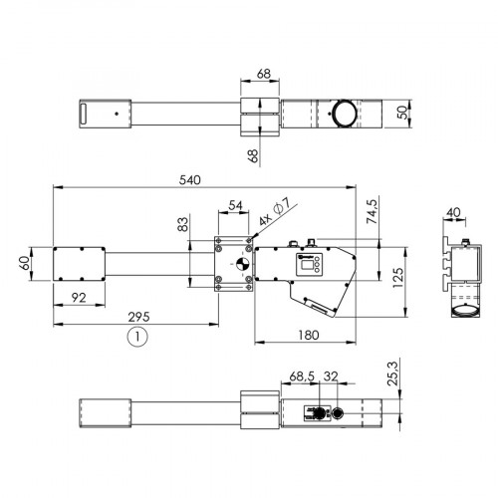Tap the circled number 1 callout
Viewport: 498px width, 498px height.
click(x=137, y=337)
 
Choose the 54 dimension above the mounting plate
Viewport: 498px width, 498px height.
click(x=235, y=205)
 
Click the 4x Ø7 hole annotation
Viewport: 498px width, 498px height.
click(x=273, y=212)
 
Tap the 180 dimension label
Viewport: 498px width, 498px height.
click(x=308, y=335)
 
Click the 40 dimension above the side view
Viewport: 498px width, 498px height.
click(x=453, y=212)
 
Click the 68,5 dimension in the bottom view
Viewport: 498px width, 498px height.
click(x=302, y=377)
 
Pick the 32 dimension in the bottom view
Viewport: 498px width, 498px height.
click(x=332, y=377)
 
